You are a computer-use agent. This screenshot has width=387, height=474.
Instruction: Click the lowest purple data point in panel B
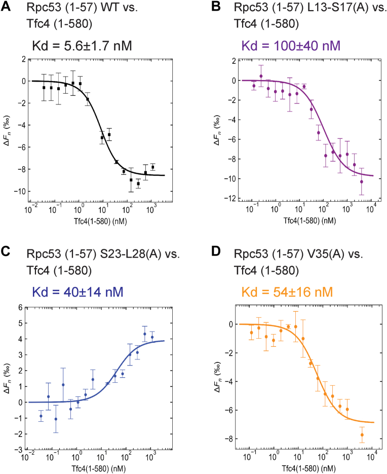click(x=362, y=181)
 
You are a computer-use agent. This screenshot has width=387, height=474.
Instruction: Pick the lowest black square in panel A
click(x=138, y=184)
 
